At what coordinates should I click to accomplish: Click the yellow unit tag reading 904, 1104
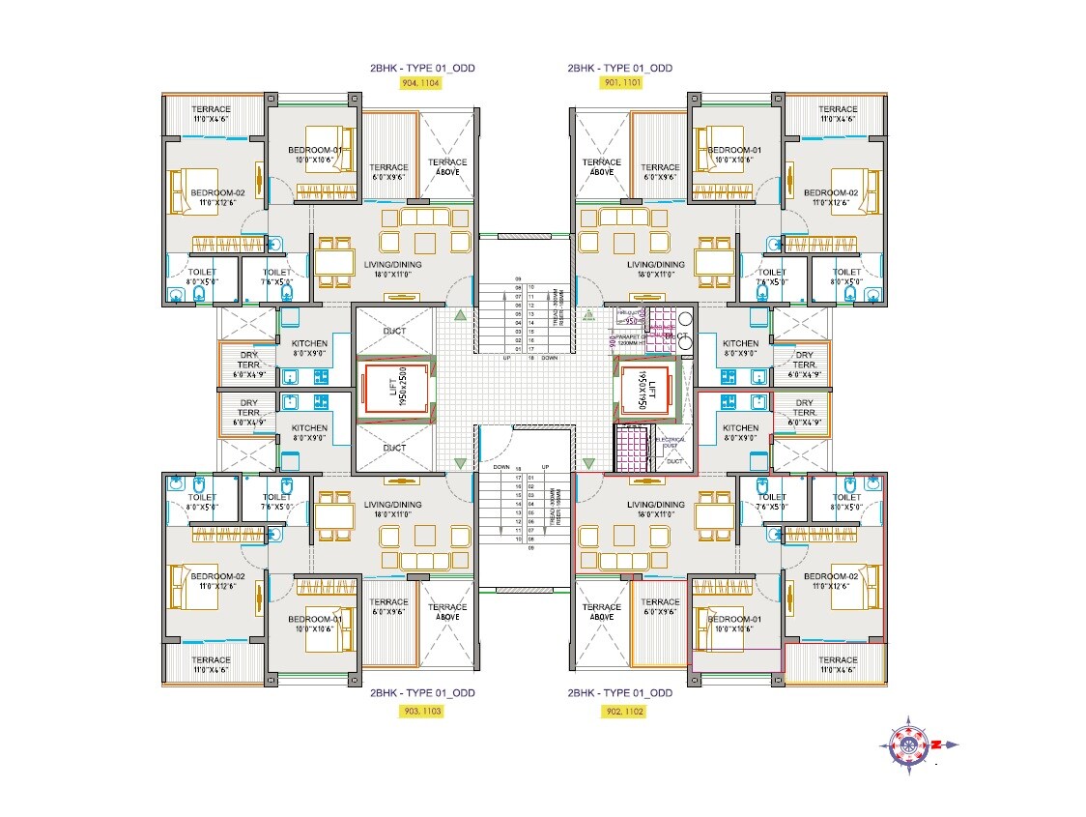pyautogui.click(x=420, y=84)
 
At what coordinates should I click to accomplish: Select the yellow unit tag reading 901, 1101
pyautogui.click(x=618, y=84)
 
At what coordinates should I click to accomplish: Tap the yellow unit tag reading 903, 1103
pyautogui.click(x=420, y=711)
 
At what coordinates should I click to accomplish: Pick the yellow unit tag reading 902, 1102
pyautogui.click(x=618, y=711)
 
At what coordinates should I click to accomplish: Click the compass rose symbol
pyautogui.click(x=910, y=744)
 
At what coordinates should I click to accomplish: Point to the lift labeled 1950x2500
pyautogui.click(x=394, y=391)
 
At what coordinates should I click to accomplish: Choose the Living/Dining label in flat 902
pyautogui.click(x=655, y=510)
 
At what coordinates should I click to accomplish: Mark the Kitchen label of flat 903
pyautogui.click(x=309, y=433)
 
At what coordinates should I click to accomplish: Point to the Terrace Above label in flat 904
pyautogui.click(x=447, y=167)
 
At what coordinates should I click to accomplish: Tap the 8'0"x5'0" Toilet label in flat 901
pyautogui.click(x=845, y=277)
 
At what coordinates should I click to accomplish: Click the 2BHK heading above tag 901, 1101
pyautogui.click(x=619, y=68)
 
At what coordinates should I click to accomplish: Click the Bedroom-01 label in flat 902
pyautogui.click(x=734, y=624)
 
